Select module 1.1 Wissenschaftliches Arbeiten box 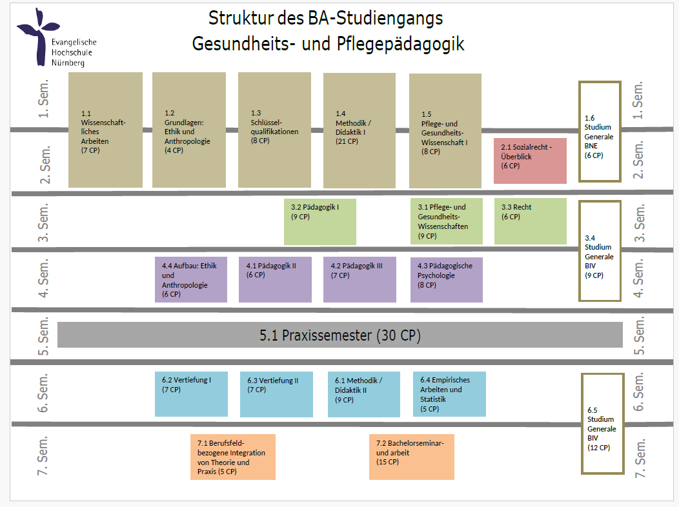point(105,130)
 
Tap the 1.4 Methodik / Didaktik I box point(360,130)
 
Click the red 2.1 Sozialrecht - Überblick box point(530,161)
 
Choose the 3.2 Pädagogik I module point(319,221)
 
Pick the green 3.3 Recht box point(530,221)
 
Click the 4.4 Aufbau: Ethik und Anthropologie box point(190,279)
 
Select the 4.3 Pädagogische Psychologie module point(446,279)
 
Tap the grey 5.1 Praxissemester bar point(340,335)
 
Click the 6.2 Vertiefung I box point(191,393)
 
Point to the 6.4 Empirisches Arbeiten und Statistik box point(449,393)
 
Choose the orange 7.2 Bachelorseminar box point(410,457)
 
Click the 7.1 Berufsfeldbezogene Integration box point(232,457)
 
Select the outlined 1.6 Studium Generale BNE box point(600,132)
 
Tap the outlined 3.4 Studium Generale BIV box point(600,251)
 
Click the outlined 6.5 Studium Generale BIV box point(602,424)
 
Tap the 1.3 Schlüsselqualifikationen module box point(274,130)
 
